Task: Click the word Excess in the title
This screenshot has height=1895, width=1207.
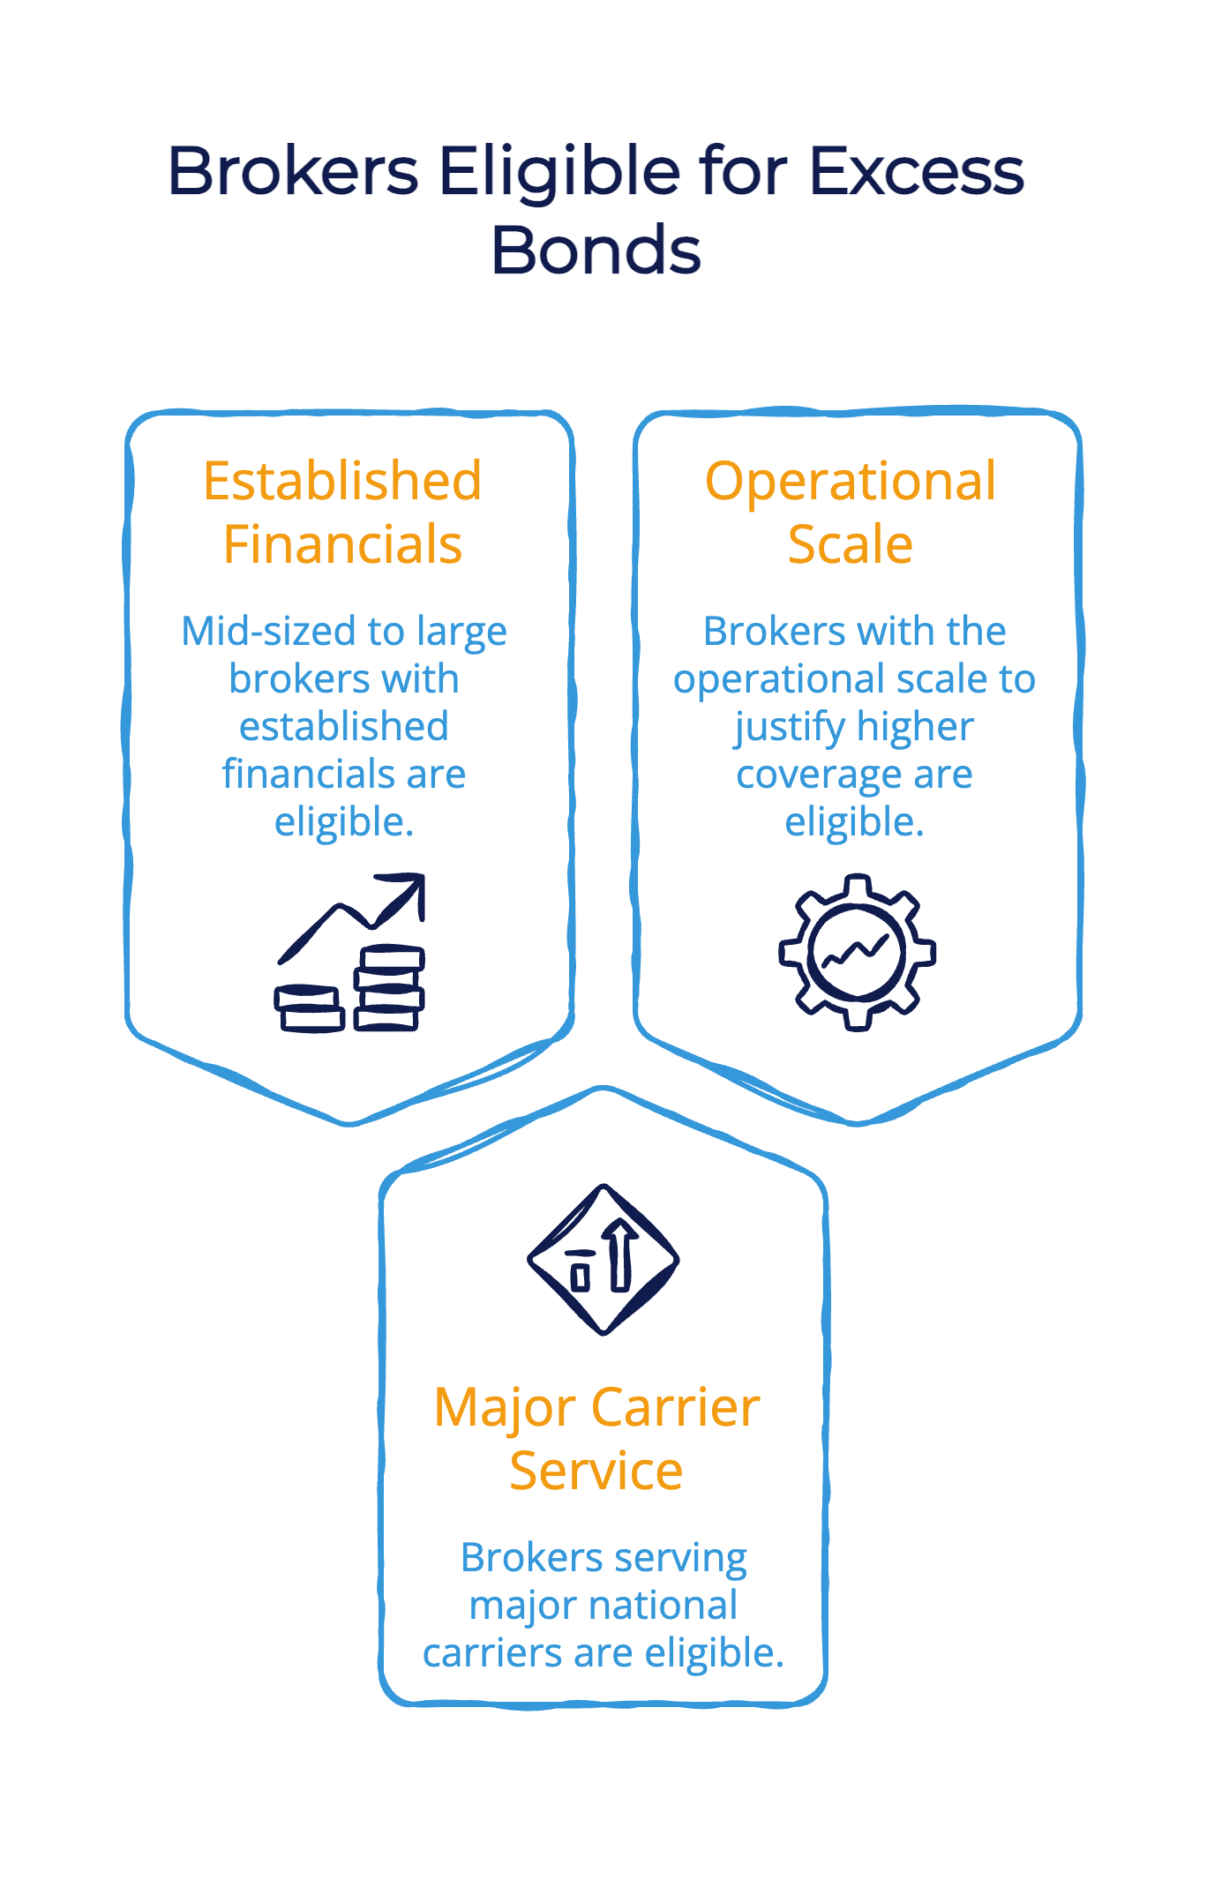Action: click(917, 170)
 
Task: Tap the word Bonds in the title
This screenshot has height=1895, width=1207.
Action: click(596, 251)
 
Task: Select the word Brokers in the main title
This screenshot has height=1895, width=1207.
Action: click(293, 170)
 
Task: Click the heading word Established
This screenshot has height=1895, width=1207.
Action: click(342, 481)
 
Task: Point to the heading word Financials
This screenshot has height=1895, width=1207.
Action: click(342, 543)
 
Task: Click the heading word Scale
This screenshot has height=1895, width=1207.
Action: click(851, 543)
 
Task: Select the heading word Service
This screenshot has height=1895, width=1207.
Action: click(596, 1470)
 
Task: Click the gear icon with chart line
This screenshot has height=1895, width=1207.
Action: click(857, 953)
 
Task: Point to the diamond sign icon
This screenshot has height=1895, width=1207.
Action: click(603, 1260)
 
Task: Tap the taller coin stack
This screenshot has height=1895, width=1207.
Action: click(389, 987)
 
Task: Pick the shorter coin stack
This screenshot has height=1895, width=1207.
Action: click(309, 1008)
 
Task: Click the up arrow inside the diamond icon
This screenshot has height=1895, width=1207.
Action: click(620, 1255)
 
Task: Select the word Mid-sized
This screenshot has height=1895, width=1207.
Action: click(269, 632)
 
